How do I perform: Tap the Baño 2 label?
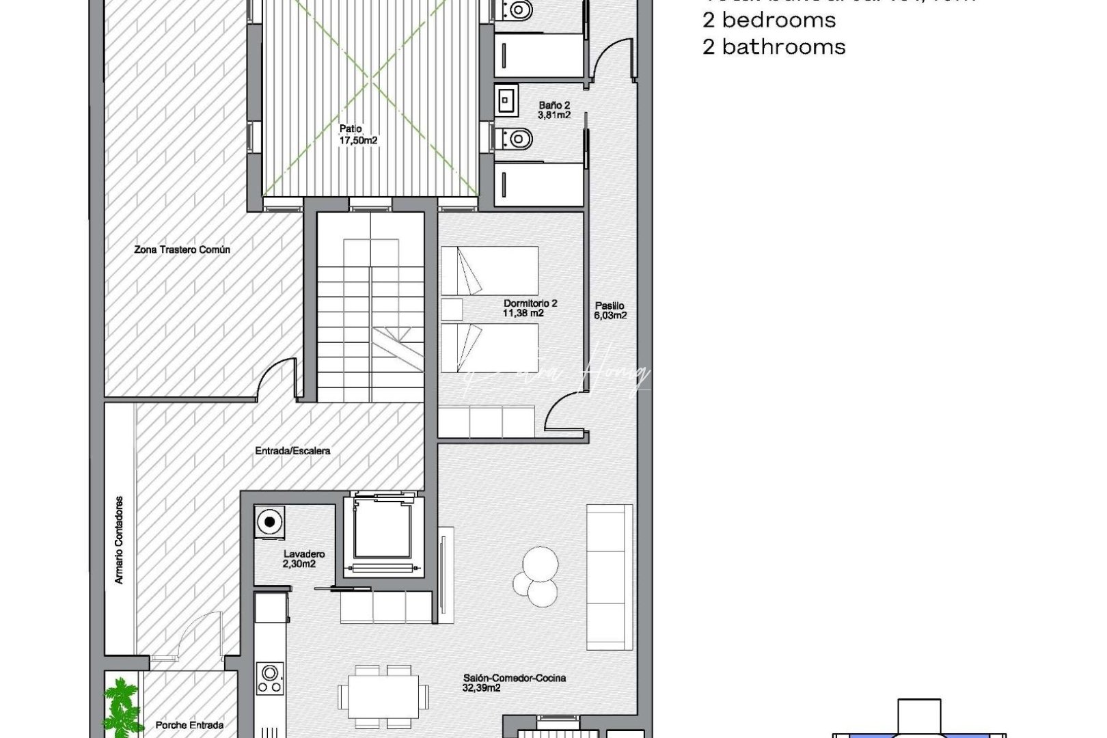point(553,111)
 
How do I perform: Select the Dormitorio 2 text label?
point(530,308)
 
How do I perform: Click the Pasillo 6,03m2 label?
point(610,311)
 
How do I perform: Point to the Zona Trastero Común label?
point(182,250)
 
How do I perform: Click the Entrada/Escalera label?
point(292,451)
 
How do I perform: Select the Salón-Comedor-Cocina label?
point(514,683)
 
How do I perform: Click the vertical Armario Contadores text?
point(120,540)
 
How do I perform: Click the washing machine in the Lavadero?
point(270,523)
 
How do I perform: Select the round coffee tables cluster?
point(536,577)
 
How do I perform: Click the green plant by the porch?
point(121,704)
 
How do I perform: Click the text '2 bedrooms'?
point(769,20)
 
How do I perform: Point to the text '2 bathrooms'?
point(774,47)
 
